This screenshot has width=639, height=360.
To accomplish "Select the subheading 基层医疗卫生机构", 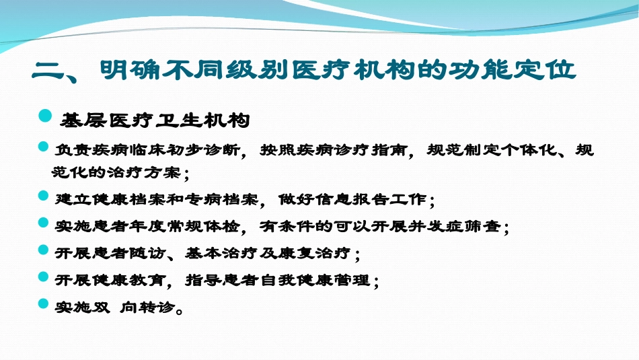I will pos(155,120).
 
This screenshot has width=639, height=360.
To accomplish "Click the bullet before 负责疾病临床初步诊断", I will pos(44,147).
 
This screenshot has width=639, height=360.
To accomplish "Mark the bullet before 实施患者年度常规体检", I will pos(44,223).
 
